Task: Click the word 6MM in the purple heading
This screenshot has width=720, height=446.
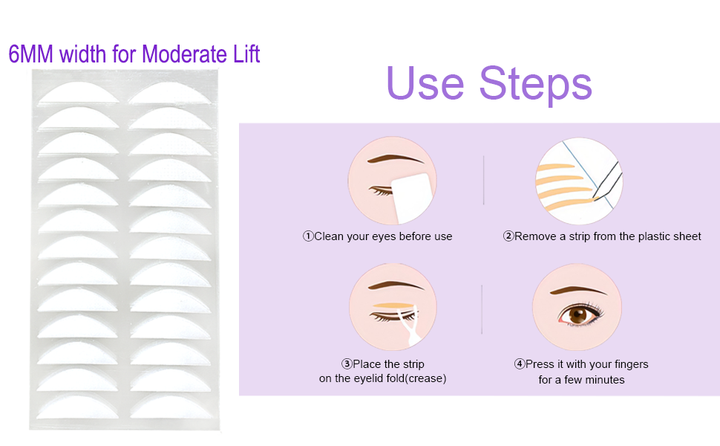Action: tap(31, 54)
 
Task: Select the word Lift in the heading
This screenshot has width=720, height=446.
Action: tap(244, 54)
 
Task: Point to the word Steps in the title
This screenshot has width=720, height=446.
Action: tap(535, 84)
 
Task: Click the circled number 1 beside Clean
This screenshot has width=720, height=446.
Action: tap(308, 236)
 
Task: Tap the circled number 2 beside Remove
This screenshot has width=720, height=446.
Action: tap(508, 236)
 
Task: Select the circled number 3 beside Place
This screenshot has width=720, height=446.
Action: tap(347, 364)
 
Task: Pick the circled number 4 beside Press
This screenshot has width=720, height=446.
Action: tap(520, 364)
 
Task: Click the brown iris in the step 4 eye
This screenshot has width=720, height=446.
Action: tap(577, 315)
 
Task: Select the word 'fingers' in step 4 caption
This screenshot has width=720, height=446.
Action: tap(630, 364)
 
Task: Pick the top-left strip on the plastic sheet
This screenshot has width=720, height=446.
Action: tap(79, 94)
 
